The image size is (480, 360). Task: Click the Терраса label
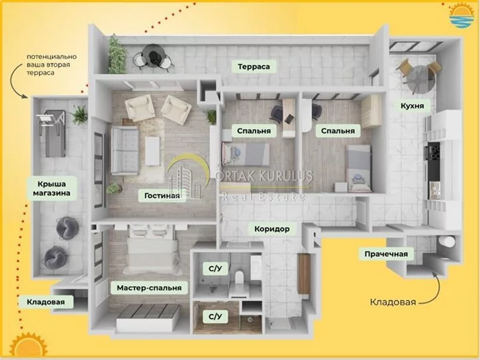(x=254, y=67)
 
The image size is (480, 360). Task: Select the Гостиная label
(x=162, y=195)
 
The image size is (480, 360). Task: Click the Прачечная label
(x=386, y=254)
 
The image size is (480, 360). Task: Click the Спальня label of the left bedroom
(x=254, y=130)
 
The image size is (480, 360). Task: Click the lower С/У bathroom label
(x=215, y=316)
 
